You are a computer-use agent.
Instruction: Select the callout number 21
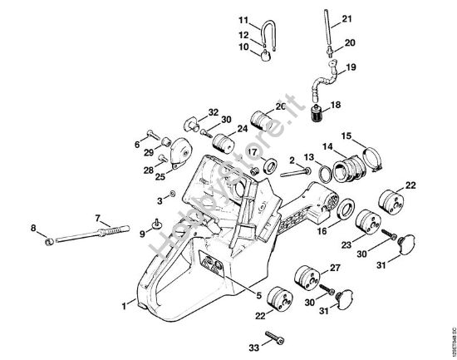[x=346, y=18]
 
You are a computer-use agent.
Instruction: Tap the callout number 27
[x=336, y=267]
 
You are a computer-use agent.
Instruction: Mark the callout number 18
[x=336, y=106]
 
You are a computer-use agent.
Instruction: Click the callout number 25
[x=160, y=175]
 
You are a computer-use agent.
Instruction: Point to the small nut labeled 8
[x=50, y=241]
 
